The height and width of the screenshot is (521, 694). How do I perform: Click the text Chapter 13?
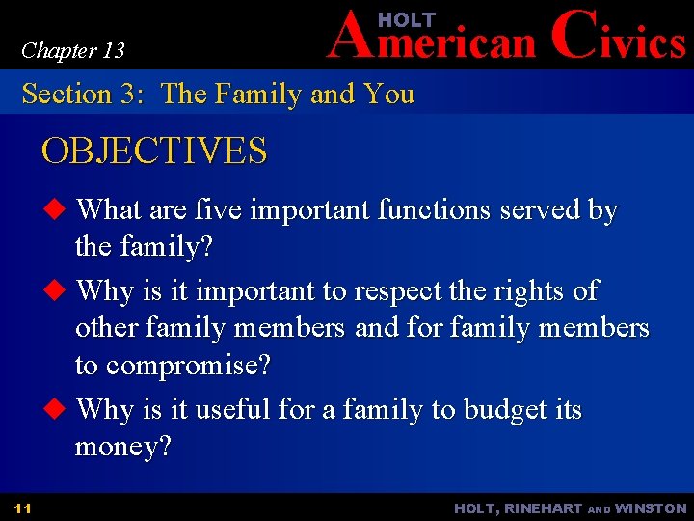73,50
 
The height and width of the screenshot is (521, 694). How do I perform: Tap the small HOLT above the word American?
407,19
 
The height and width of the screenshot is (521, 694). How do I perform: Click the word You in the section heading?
388,95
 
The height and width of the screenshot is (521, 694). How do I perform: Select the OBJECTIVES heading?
154,151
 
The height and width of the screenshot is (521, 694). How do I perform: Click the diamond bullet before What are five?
56,209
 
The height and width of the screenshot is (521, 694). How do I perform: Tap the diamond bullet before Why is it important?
56,290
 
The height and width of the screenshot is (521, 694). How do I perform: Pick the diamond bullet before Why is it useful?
56,410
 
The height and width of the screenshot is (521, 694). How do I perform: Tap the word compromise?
188,367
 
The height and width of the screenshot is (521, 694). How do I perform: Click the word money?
122,448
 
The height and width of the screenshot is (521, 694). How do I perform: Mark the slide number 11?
23,508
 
